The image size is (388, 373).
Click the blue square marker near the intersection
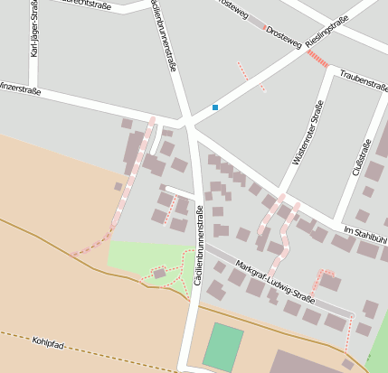[215, 107]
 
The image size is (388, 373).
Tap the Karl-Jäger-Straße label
[34, 32]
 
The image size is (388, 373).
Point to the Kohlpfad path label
[51, 342]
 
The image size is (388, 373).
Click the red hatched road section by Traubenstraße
[317, 59]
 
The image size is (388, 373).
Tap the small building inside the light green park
[160, 272]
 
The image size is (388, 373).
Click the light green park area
[136, 257]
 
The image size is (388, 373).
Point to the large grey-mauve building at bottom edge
[308, 362]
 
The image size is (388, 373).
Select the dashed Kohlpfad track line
[109, 352]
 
